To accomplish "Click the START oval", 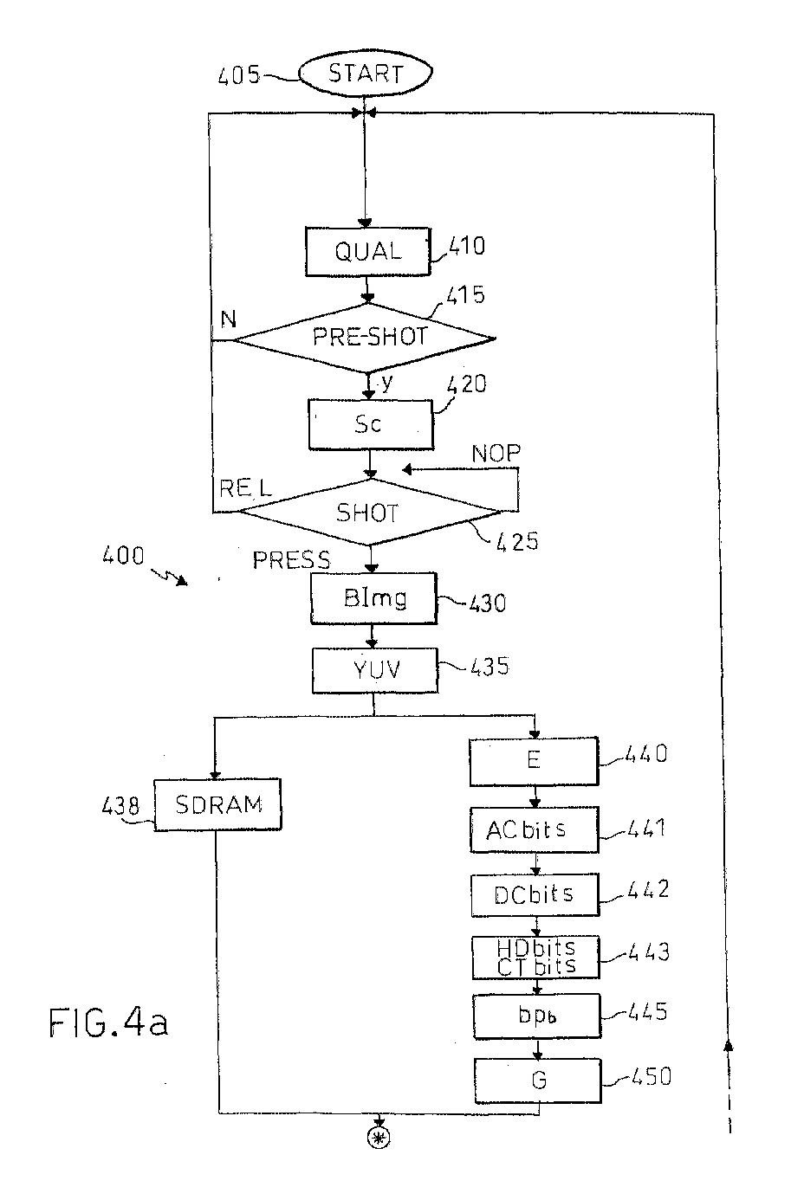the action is (366, 73).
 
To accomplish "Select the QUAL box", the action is (367, 252).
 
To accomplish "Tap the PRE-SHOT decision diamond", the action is (365, 338).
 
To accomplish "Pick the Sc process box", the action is (371, 424).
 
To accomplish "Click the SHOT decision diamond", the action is (370, 512).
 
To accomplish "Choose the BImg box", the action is (374, 597).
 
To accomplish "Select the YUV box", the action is (375, 670).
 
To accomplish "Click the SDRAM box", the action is (218, 804).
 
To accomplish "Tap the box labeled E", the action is (534, 761).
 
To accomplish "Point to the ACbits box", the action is (535, 829).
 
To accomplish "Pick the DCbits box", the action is (535, 895).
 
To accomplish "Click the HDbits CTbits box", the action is (536, 957).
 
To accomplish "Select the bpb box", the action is (537, 1016).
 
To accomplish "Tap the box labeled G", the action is (538, 1081).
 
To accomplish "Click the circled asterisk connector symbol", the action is (379, 1138).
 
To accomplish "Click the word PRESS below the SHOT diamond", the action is (291, 560).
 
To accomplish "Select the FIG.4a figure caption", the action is (108, 1022).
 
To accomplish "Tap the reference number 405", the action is (238, 76).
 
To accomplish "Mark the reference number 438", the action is (120, 805).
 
